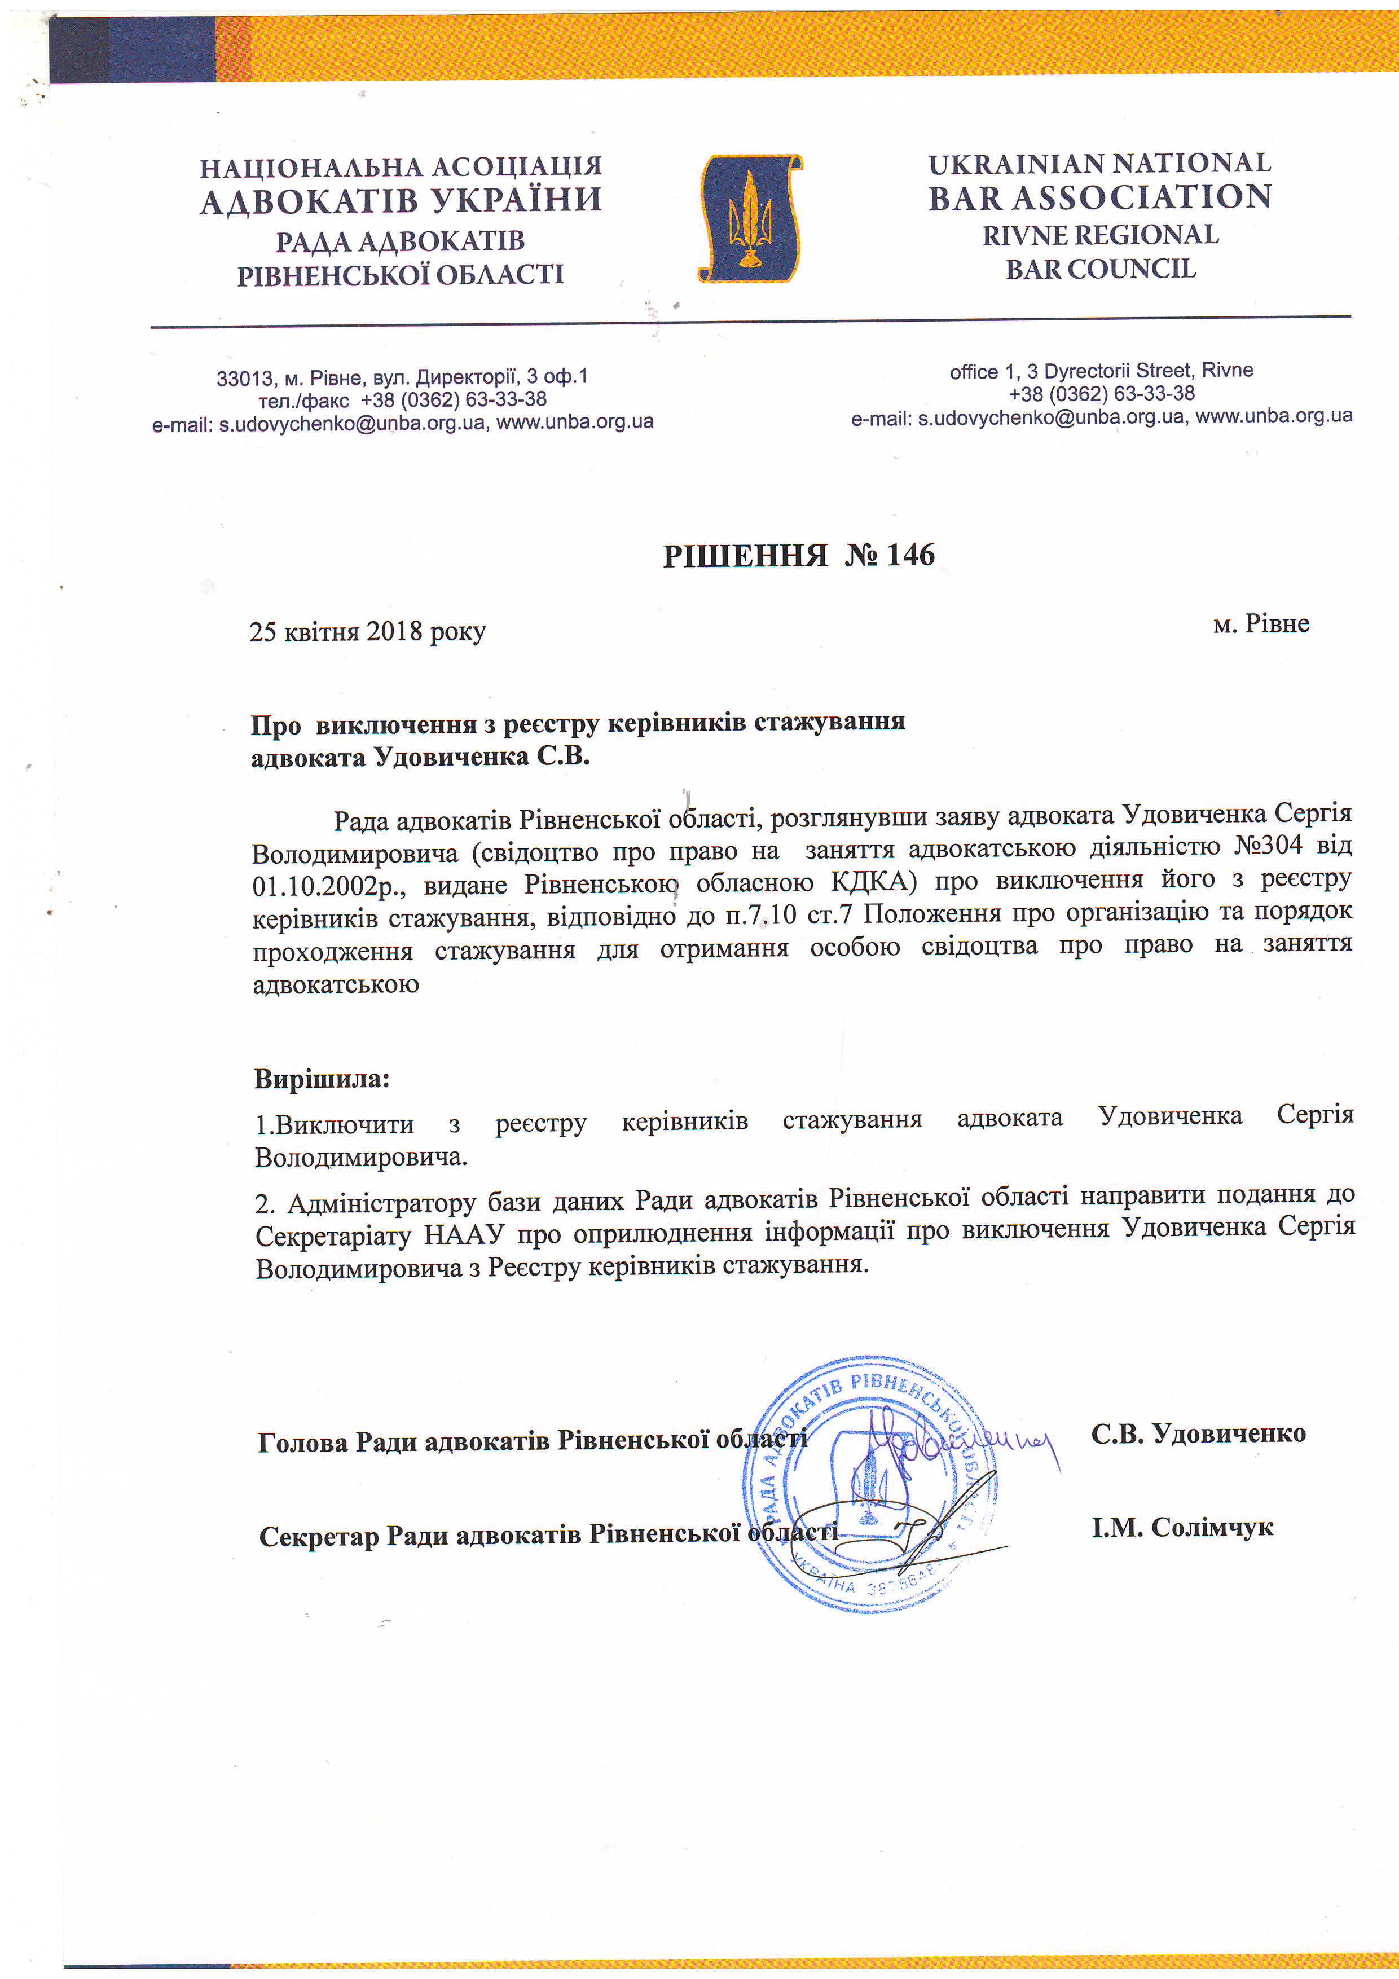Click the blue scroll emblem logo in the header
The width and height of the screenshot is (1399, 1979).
[x=749, y=218]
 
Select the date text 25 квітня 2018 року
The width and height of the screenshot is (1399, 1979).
[x=367, y=632]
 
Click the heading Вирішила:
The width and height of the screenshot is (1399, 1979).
[x=322, y=1078]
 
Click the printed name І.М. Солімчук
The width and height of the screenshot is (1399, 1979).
[x=1182, y=1527]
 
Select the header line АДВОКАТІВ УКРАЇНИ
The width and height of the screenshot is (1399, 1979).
[x=401, y=201]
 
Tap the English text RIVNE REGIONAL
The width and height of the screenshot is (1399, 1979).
[x=1100, y=235]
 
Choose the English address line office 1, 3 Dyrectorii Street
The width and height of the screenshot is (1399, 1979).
[x=1101, y=371]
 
